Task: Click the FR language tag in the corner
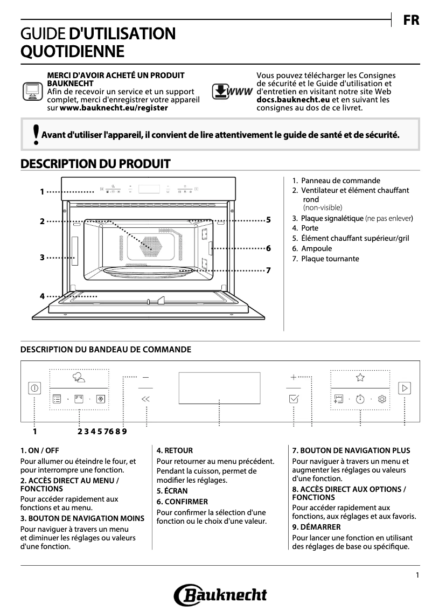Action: click(412, 20)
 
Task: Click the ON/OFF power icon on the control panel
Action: click(35, 387)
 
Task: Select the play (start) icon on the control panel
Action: click(404, 387)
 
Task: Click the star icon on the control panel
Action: click(360, 378)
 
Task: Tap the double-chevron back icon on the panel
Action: click(145, 399)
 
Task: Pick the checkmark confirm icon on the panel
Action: click(294, 399)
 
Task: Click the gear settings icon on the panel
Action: click(382, 399)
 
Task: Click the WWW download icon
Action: click(232, 91)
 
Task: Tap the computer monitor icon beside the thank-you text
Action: click(32, 92)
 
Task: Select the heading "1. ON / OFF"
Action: click(40, 450)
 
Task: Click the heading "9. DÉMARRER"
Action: click(316, 526)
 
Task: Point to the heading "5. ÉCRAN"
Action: click(172, 491)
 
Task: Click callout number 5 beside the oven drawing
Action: click(268, 220)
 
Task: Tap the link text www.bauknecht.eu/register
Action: click(114, 107)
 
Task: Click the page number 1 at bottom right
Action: click(417, 575)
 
